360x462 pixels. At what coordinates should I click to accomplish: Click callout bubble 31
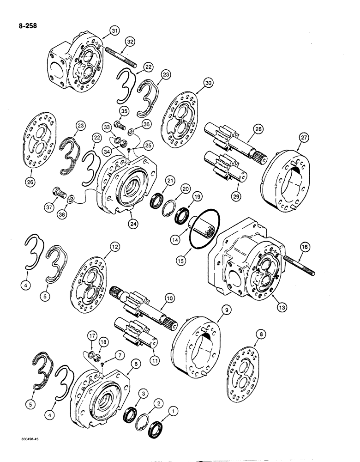coord(114,31)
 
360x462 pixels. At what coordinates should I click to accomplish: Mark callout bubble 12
coord(114,247)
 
